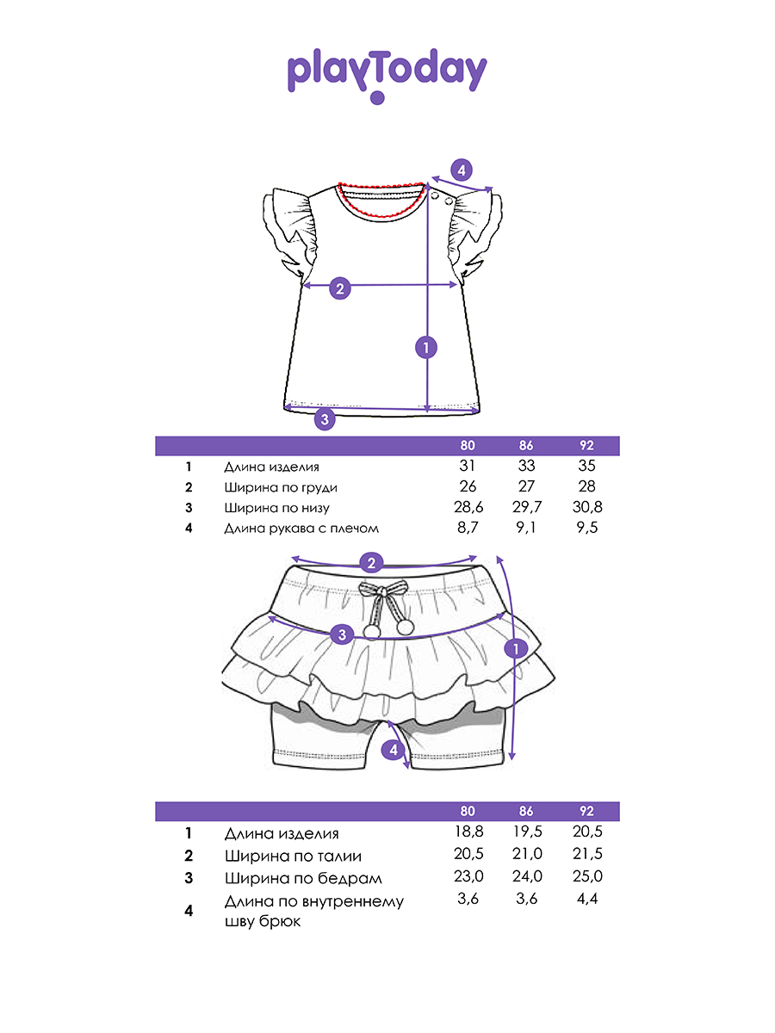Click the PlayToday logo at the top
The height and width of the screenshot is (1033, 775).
click(387, 75)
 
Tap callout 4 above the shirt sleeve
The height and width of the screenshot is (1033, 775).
click(462, 170)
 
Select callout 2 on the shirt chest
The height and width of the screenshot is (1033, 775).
click(340, 288)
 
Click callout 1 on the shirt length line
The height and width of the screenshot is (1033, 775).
click(426, 348)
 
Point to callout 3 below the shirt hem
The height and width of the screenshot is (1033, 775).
click(325, 419)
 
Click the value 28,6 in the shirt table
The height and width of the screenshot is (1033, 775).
click(468, 507)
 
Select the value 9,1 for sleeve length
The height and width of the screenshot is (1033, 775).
click(526, 528)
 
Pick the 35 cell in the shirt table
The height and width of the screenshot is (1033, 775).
click(586, 466)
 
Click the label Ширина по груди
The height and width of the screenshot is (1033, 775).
click(281, 487)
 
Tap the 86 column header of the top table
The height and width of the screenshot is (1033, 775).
click(526, 446)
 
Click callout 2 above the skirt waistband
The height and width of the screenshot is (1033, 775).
click(371, 563)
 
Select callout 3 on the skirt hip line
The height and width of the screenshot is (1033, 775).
click(342, 634)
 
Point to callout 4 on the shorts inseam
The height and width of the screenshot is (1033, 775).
click(394, 749)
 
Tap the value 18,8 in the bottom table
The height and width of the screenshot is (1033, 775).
click(468, 832)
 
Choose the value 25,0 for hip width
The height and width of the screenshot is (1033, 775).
click(587, 876)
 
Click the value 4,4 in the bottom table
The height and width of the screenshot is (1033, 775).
click(587, 899)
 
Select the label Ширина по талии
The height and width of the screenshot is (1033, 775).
click(293, 856)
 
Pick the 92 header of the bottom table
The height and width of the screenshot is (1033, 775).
click(586, 811)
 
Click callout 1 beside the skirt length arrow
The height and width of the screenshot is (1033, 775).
click(515, 649)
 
